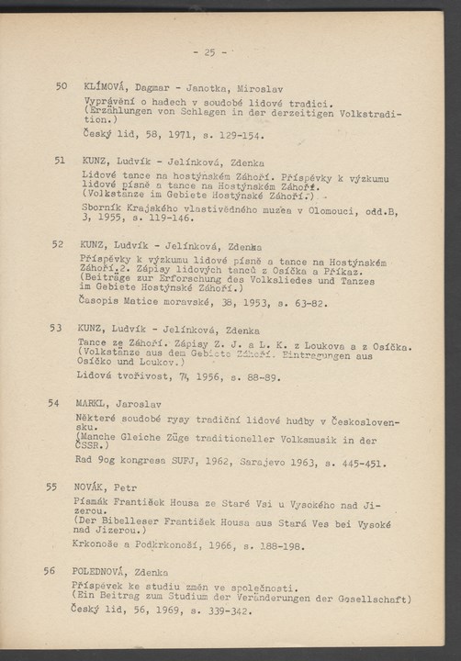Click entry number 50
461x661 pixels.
(x=62, y=86)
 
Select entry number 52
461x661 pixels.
(x=60, y=244)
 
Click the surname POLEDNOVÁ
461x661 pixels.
(x=103, y=570)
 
